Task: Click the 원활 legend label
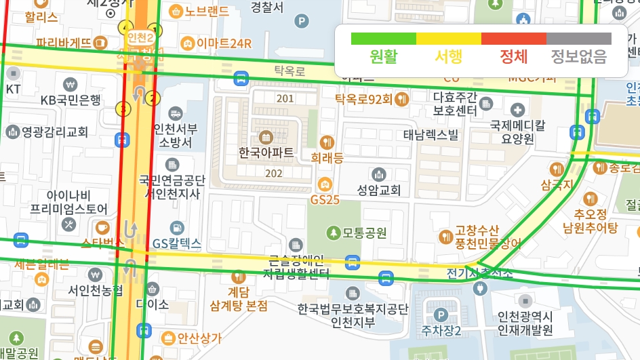(384, 57)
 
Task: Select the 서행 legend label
(449, 57)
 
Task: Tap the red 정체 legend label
(513, 57)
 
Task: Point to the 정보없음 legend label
(578, 57)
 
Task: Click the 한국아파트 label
(266, 153)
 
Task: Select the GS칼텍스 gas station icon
(176, 228)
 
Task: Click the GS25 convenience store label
(325, 200)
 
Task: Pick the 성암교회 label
(379, 191)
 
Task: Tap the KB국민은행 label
(71, 100)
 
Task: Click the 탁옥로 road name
(289, 70)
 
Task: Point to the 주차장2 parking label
(441, 331)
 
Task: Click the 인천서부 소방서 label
(176, 136)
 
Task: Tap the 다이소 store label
(152, 304)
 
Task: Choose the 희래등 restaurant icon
(327, 142)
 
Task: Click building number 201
(285, 99)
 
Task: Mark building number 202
(274, 174)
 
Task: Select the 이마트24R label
(224, 44)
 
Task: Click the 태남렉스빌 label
(431, 134)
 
